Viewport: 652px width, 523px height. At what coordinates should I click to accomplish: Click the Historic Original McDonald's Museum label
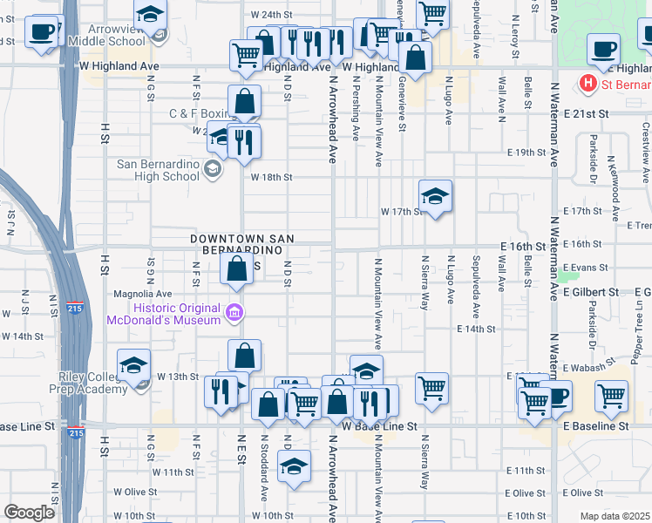[164, 314]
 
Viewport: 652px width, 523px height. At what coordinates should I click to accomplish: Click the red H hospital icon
[587, 84]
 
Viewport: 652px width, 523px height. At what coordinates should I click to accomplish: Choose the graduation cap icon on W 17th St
[435, 197]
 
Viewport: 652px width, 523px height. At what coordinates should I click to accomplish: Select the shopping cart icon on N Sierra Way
[431, 389]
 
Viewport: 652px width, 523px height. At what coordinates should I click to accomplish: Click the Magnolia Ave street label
[140, 294]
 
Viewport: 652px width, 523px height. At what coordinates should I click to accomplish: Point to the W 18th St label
[270, 177]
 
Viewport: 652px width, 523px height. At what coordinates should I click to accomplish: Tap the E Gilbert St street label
[590, 291]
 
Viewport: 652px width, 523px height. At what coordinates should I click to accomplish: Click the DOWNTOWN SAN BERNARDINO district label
[242, 245]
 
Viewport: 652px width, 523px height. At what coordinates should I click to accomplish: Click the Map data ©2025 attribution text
[614, 516]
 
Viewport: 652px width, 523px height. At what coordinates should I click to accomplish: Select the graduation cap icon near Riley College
[134, 366]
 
